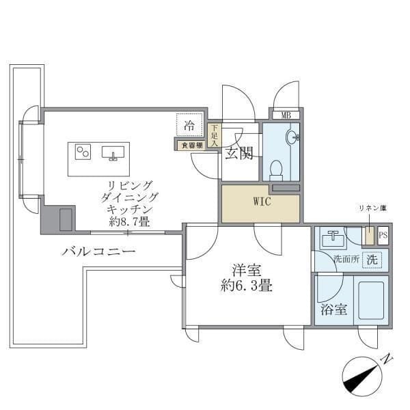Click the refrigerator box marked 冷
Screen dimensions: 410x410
pos(191,126)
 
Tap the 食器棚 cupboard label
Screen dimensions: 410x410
pos(191,145)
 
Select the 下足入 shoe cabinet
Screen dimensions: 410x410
pos(214,135)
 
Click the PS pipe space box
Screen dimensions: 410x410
pos(383,235)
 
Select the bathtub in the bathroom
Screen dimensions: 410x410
pos(368,300)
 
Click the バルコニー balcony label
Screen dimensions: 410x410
pos(98,252)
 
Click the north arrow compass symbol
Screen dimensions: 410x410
pos(363,376)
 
